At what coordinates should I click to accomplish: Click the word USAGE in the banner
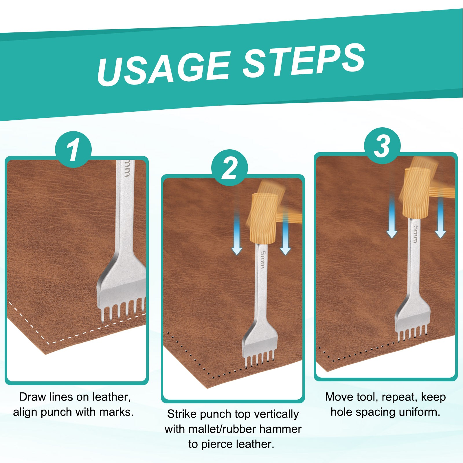(163, 68)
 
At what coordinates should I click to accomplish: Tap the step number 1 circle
(73, 149)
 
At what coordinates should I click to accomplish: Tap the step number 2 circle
(229, 168)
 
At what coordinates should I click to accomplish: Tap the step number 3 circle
(382, 146)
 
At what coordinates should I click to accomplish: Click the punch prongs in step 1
(123, 310)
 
